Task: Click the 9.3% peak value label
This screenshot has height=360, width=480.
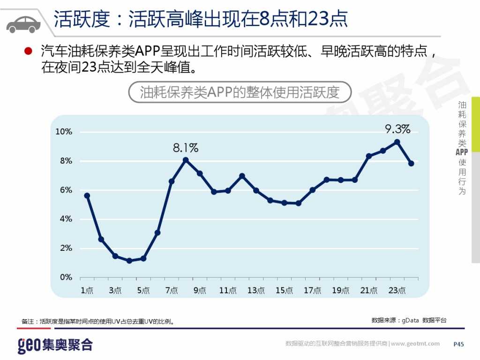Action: (x=397, y=129)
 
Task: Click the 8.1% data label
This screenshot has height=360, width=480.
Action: (x=186, y=148)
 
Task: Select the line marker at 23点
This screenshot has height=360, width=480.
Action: (x=397, y=142)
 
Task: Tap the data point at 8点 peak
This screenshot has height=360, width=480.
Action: (x=186, y=160)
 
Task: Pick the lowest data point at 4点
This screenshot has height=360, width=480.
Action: (x=129, y=261)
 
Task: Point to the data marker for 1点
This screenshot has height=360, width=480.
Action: (x=87, y=195)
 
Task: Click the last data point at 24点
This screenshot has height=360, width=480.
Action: (x=411, y=163)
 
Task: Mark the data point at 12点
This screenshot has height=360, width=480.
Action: (x=242, y=176)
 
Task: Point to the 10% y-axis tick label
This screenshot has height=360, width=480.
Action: (x=64, y=132)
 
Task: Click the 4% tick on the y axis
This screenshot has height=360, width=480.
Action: (x=66, y=219)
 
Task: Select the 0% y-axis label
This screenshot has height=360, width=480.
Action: (x=66, y=277)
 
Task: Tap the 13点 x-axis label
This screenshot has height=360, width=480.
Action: (x=256, y=291)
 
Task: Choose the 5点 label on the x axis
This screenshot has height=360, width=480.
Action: (x=143, y=291)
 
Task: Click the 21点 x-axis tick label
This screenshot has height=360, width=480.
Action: (x=369, y=291)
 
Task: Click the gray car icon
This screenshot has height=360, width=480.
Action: (x=23, y=23)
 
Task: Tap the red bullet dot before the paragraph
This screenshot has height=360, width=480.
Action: (x=28, y=51)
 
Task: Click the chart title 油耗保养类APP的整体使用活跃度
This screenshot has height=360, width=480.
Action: (x=240, y=92)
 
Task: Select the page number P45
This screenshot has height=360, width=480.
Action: (x=458, y=344)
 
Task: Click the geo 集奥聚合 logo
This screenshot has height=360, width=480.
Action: (x=55, y=345)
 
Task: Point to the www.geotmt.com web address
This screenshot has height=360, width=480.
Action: (x=415, y=344)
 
